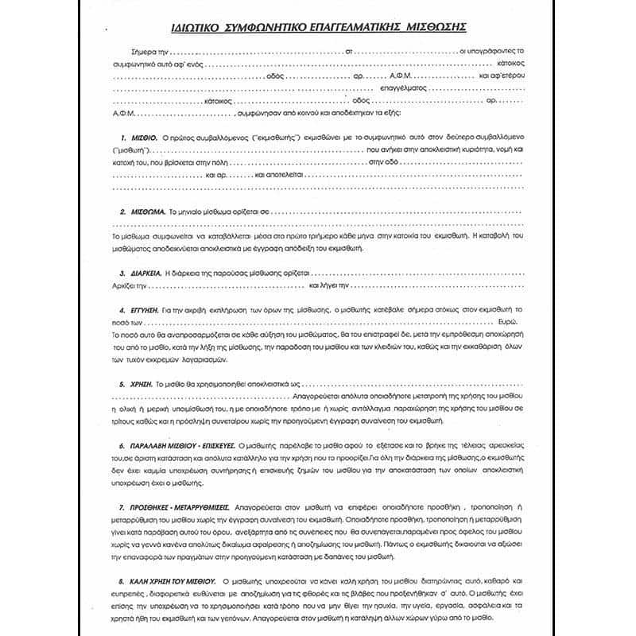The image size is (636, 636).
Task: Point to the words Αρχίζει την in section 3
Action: [131, 285]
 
